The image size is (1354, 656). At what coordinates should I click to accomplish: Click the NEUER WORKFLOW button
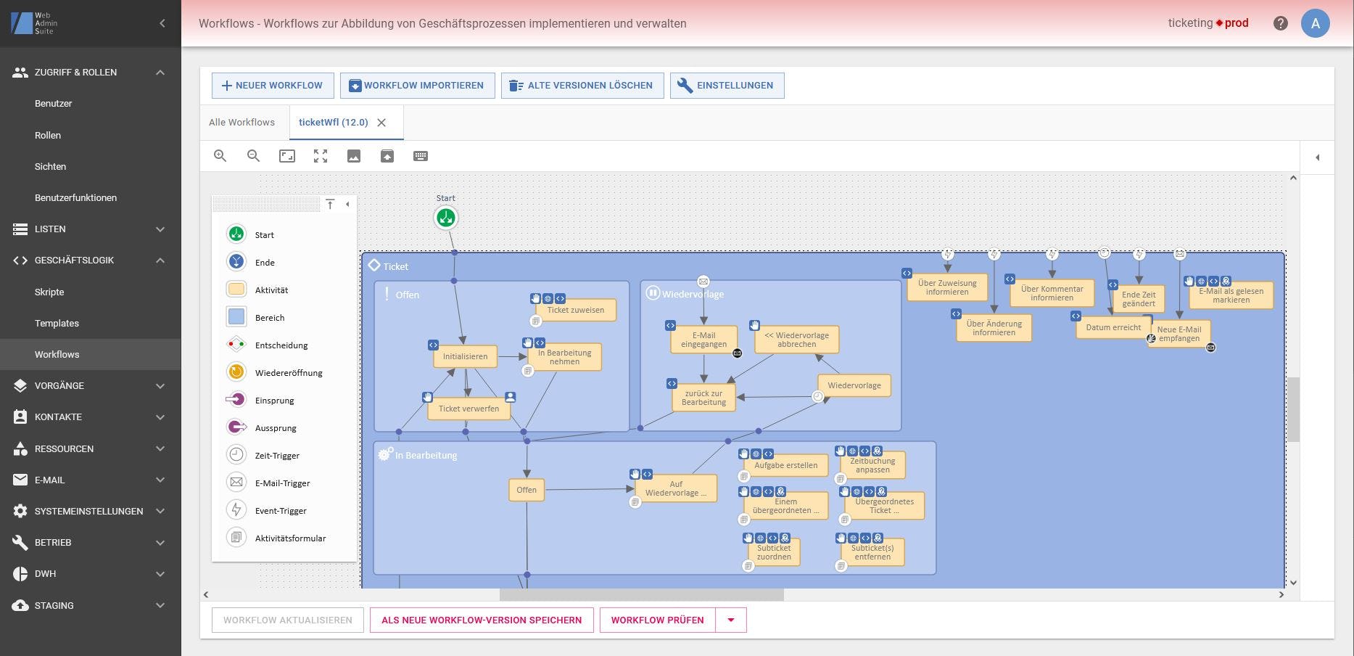click(x=272, y=86)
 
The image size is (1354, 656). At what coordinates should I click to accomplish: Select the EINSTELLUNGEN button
click(x=727, y=86)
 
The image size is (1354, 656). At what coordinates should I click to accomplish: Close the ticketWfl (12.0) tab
click(x=381, y=123)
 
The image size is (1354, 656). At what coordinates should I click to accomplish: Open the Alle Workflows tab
click(x=242, y=123)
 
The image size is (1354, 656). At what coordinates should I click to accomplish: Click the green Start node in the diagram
click(x=446, y=217)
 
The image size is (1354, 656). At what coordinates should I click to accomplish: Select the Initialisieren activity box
click(x=465, y=356)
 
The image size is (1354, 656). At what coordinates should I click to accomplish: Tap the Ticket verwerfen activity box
click(x=468, y=409)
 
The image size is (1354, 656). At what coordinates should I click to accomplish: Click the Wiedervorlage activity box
click(x=854, y=385)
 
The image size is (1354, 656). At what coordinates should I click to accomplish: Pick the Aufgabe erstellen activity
click(x=785, y=465)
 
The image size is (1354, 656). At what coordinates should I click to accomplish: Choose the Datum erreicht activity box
click(x=1112, y=327)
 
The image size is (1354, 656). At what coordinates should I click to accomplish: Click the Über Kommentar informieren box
click(x=1052, y=293)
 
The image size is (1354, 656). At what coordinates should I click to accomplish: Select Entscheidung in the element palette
click(x=281, y=345)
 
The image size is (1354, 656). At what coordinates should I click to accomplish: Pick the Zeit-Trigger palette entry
click(x=277, y=456)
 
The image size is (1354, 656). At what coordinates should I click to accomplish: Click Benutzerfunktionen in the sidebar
click(x=75, y=197)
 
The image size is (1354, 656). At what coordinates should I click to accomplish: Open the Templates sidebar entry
click(x=57, y=323)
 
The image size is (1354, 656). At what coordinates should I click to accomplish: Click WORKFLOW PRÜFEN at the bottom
click(x=657, y=620)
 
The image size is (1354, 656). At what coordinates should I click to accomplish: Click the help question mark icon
click(x=1280, y=23)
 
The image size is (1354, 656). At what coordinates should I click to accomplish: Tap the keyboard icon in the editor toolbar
click(x=421, y=156)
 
